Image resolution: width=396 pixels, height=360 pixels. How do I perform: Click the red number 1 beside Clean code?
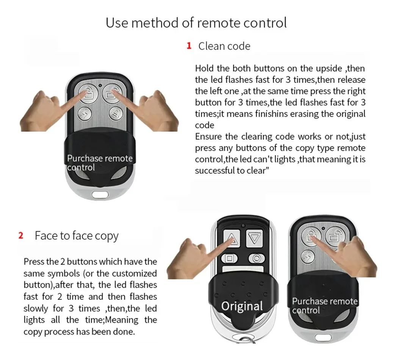[x=189, y=46]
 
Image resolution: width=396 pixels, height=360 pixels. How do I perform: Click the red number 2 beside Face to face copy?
[x=21, y=235]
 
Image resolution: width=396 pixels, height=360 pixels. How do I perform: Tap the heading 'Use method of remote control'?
[x=196, y=23]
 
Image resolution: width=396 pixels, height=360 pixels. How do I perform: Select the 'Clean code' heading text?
[x=224, y=46]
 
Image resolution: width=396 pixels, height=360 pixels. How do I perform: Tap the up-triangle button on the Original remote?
[x=232, y=238]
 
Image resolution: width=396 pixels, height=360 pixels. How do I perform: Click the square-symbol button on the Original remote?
[x=230, y=258]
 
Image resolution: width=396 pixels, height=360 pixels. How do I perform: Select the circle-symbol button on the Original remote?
[x=257, y=258]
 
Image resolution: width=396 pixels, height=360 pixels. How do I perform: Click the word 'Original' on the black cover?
[x=242, y=306]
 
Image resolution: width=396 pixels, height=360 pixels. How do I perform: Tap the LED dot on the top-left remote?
[x=100, y=86]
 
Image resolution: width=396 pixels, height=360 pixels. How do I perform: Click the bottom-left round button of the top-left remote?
[x=85, y=114]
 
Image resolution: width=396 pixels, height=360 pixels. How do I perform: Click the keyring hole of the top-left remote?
[x=100, y=195]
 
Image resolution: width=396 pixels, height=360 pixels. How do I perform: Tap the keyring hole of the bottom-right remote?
[x=323, y=337]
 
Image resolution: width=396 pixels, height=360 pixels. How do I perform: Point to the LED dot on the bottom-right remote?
[x=323, y=229]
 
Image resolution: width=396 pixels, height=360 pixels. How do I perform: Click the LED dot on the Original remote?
[x=243, y=226]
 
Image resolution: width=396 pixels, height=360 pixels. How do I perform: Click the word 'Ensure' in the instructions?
[x=208, y=137]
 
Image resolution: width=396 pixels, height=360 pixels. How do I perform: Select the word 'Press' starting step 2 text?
[x=34, y=262]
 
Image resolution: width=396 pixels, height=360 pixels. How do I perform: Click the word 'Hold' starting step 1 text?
[x=204, y=69]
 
